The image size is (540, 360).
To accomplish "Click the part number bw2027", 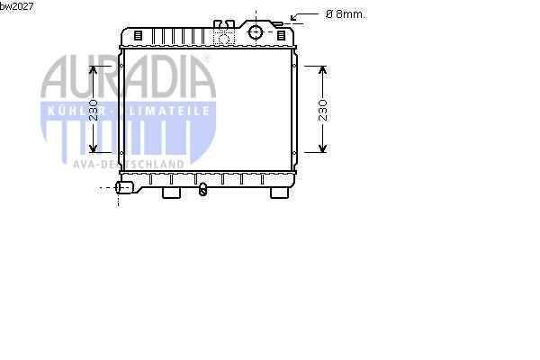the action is click(x=16, y=6).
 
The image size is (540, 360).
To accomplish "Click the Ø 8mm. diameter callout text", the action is click(x=346, y=14).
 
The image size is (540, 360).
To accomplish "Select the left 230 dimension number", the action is click(x=94, y=110).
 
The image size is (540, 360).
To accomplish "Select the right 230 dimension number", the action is click(x=323, y=110).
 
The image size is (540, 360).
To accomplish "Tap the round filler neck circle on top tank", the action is click(x=256, y=32).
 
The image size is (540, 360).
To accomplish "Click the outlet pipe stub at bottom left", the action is click(x=124, y=187).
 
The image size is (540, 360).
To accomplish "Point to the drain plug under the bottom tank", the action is click(x=203, y=190).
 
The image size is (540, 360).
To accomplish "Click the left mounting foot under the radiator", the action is click(x=171, y=193).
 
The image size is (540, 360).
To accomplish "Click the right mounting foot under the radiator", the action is click(x=279, y=193).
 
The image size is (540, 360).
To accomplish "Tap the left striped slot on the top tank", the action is click(x=138, y=35).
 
